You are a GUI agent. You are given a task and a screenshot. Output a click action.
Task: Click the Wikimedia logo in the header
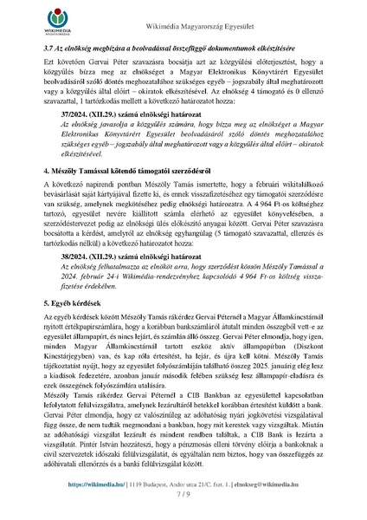33,24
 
